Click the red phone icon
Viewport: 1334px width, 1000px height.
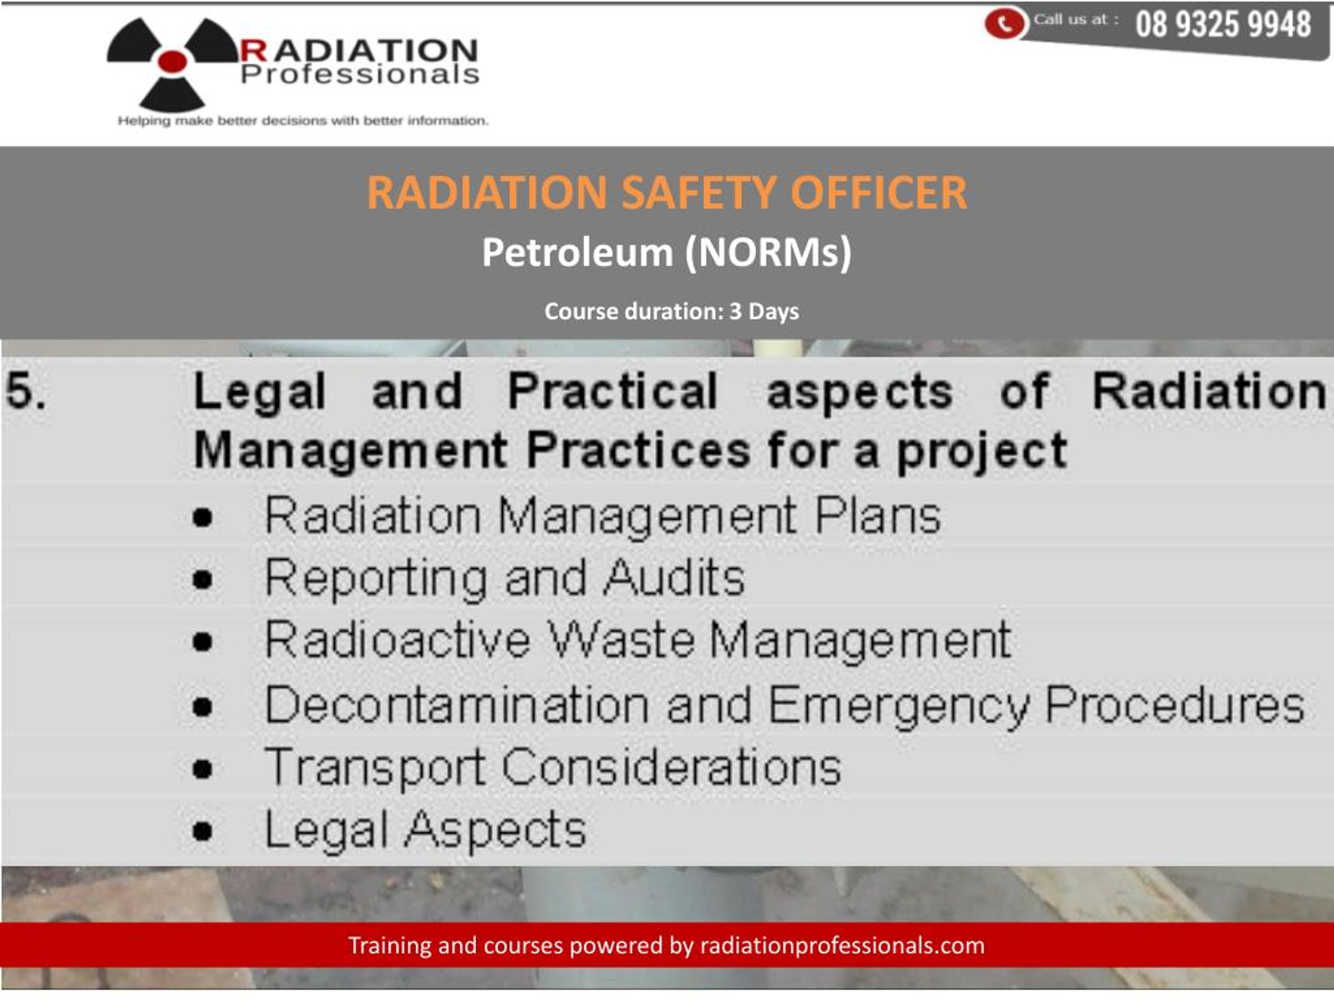click(1004, 23)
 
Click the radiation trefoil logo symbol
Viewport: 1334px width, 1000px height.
click(172, 61)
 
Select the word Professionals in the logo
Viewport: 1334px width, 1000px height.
click(360, 75)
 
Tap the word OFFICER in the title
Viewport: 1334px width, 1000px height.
click(879, 193)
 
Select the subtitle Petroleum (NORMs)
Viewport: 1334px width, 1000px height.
click(666, 252)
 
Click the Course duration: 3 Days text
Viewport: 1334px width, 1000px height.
click(671, 311)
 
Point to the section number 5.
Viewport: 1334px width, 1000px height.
click(26, 391)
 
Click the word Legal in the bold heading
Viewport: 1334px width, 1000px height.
click(260, 392)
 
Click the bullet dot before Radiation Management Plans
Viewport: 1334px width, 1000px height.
click(203, 517)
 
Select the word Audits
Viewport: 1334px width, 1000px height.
click(674, 578)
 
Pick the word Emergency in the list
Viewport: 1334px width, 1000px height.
click(898, 705)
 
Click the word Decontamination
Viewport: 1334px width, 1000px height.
click(457, 705)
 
